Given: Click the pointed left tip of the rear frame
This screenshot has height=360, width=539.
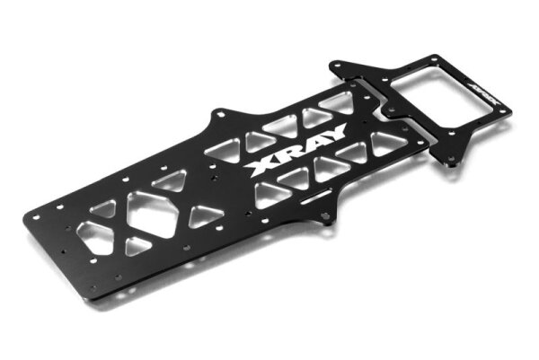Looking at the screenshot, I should coord(334,66).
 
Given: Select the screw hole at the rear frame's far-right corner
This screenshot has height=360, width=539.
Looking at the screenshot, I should coord(506,111).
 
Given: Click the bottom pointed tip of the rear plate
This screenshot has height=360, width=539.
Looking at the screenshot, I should coord(446,162).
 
